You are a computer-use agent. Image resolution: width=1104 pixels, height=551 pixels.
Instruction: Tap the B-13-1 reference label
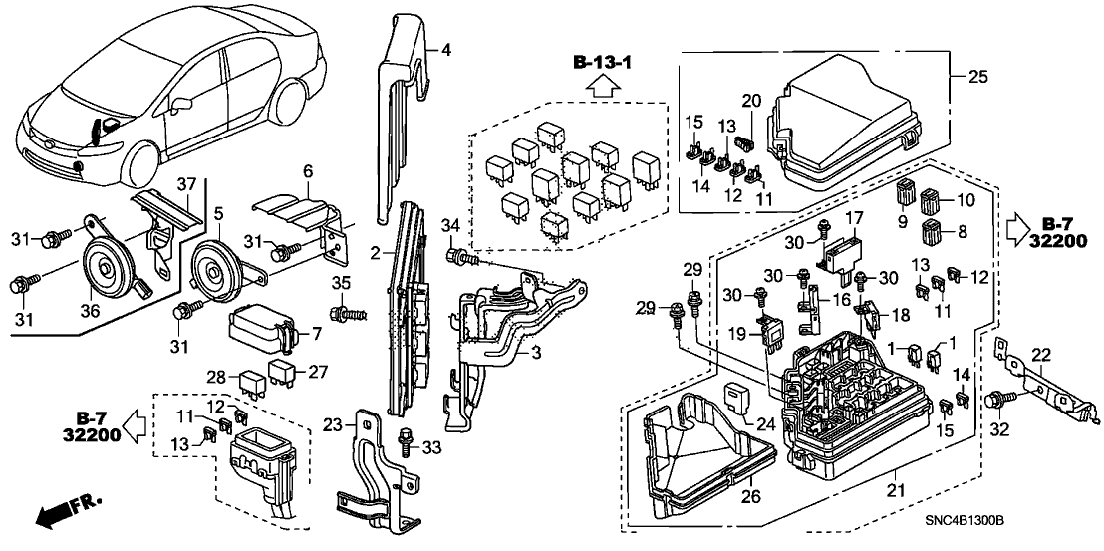[x=604, y=65]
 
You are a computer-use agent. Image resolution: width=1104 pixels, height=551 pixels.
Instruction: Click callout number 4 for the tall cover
[x=446, y=49]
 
